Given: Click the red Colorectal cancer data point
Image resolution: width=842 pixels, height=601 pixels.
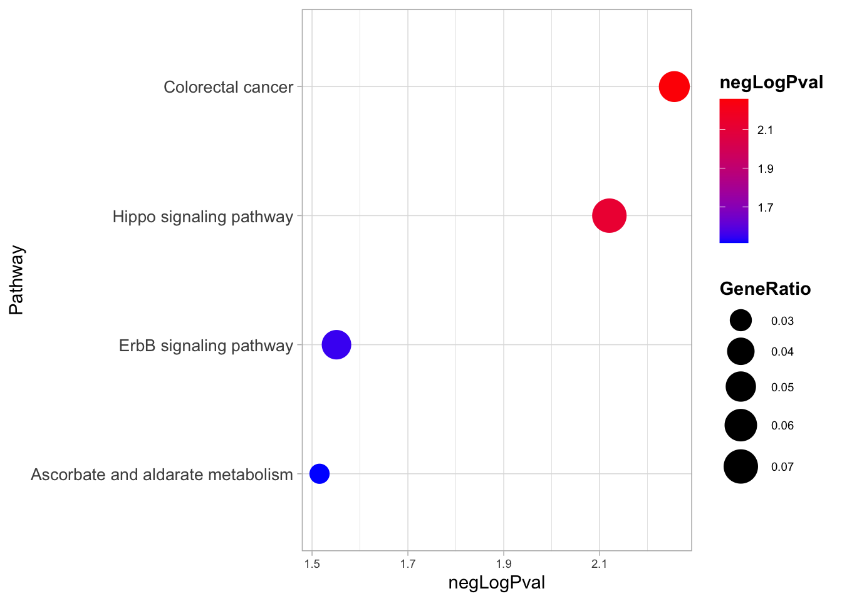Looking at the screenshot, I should pyautogui.click(x=674, y=86).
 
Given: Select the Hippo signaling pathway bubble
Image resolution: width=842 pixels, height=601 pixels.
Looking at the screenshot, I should pyautogui.click(x=609, y=216).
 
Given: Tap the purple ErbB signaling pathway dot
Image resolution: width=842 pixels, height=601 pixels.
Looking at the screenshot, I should pyautogui.click(x=336, y=345).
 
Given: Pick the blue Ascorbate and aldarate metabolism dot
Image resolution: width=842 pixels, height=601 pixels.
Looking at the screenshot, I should pyautogui.click(x=320, y=474).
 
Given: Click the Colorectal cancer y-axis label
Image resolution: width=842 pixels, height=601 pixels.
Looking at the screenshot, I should pyautogui.click(x=228, y=87).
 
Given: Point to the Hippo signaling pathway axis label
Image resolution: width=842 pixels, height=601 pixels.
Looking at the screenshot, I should pyautogui.click(x=203, y=217).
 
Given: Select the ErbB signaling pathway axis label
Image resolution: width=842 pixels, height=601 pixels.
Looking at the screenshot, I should pyautogui.click(x=206, y=346).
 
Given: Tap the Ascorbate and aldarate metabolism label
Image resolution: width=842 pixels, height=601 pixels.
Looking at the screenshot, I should pyautogui.click(x=162, y=475).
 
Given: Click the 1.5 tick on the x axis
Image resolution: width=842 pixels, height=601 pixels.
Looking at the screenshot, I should pyautogui.click(x=312, y=565).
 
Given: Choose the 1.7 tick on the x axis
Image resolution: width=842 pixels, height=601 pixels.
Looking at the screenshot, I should pyautogui.click(x=408, y=565).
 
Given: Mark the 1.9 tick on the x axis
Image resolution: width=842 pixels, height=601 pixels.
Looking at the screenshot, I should pyautogui.click(x=504, y=565).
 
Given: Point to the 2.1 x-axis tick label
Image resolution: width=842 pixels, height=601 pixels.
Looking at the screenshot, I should pyautogui.click(x=600, y=565).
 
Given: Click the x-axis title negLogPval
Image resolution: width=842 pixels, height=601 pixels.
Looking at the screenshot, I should pyautogui.click(x=497, y=583).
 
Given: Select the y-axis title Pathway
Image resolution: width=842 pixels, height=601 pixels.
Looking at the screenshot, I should pyautogui.click(x=17, y=280).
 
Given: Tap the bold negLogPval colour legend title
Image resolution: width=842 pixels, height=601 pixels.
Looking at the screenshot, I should pyautogui.click(x=771, y=83).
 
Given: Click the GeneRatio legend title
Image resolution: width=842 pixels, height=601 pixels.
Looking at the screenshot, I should pyautogui.click(x=765, y=289).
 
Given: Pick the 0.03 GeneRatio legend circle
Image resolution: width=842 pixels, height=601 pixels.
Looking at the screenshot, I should pyautogui.click(x=741, y=321).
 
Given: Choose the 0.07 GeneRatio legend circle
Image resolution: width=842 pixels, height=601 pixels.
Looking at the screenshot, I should pyautogui.click(x=741, y=466).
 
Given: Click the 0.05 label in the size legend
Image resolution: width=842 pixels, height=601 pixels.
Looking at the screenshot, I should pyautogui.click(x=782, y=388).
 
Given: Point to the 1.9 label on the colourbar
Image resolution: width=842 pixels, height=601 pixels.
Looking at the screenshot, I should pyautogui.click(x=765, y=169).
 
